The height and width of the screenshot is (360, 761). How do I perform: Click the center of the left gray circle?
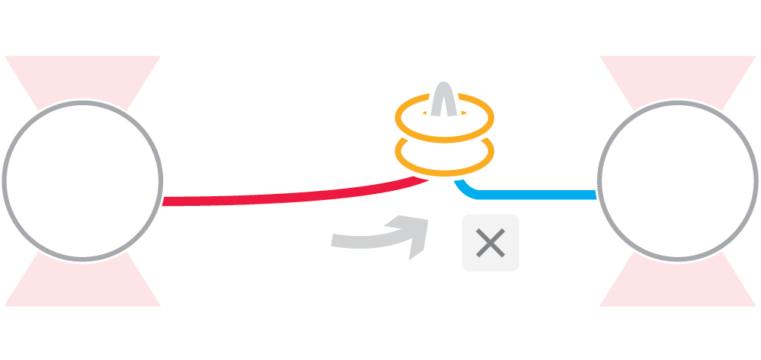pos(82,180)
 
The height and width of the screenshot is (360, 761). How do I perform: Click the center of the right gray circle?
pos(678,180)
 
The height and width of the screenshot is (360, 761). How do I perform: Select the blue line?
pos(534,195)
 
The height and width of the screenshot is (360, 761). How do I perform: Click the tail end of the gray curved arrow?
pos(335,241)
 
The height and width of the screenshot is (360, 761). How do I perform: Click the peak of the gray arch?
pos(444,83)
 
